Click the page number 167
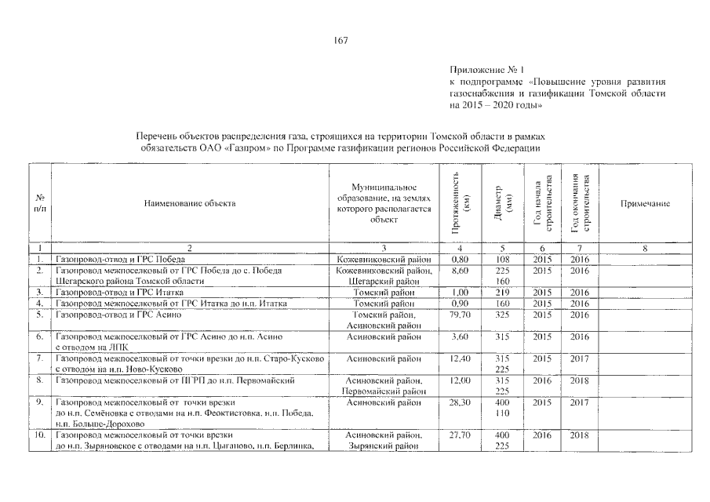pos(340,40)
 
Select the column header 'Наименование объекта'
pos(190,204)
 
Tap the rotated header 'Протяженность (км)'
pos(461,203)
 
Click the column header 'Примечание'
pos(645,204)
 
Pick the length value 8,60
pos(461,271)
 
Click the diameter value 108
pos(503,259)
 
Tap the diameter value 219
pos(503,293)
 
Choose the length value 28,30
pos(461,402)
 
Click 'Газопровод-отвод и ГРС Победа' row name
pos(115,259)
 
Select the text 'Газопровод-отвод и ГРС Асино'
pos(118,315)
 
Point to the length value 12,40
pos(461,358)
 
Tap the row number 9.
pos(40,402)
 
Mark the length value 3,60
pos(461,336)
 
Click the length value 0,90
pos(461,304)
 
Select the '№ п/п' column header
pos(40,203)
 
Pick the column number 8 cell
pos(644,248)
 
